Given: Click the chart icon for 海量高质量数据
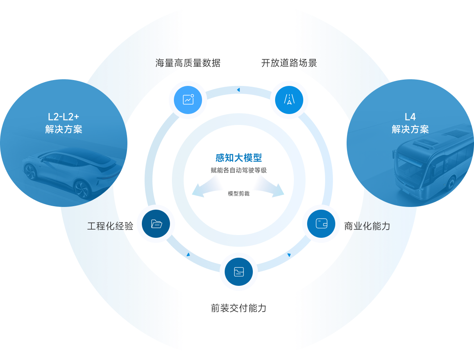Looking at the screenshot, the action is pyautogui.click(x=188, y=100).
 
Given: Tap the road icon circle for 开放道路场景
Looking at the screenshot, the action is pyautogui.click(x=289, y=100).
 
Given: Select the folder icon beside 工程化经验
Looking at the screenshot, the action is pyautogui.click(x=156, y=224).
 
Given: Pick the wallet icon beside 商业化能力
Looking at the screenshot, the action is pyautogui.click(x=321, y=224).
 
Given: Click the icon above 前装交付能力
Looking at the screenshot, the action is pyautogui.click(x=239, y=272).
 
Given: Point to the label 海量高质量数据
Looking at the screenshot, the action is pyautogui.click(x=188, y=63).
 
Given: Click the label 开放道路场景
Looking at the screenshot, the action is pyautogui.click(x=289, y=63).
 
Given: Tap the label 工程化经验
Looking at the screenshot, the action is pyautogui.click(x=110, y=226).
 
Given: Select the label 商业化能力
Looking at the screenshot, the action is pyautogui.click(x=367, y=226).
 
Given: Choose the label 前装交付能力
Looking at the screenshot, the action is pyautogui.click(x=239, y=308).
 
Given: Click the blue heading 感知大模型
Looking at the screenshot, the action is pyautogui.click(x=239, y=158).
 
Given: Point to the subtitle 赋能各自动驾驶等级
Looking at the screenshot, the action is pyautogui.click(x=239, y=170).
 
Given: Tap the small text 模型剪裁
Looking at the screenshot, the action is pyautogui.click(x=239, y=194).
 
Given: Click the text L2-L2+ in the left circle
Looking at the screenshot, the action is pyautogui.click(x=63, y=117).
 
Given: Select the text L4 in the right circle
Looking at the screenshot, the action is pyautogui.click(x=410, y=117).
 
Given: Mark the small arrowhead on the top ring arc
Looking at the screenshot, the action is pyautogui.click(x=238, y=90).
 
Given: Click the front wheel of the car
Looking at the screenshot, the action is pyautogui.click(x=82, y=190).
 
